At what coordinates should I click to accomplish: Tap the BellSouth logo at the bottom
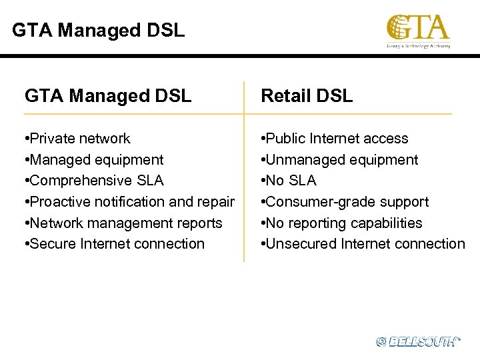(x=418, y=341)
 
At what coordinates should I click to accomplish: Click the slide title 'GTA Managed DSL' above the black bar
(x=99, y=30)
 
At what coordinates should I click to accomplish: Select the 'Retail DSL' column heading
(x=307, y=96)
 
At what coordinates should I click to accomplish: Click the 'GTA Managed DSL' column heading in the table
(x=108, y=96)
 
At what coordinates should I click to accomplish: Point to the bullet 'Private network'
(x=79, y=139)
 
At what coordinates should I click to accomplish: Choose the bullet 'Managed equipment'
(x=95, y=160)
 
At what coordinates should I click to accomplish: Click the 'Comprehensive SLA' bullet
(x=95, y=181)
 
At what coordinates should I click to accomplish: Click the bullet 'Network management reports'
(x=125, y=223)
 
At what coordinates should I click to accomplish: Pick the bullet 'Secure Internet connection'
(x=115, y=244)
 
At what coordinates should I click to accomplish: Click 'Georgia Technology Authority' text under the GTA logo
(x=419, y=46)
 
